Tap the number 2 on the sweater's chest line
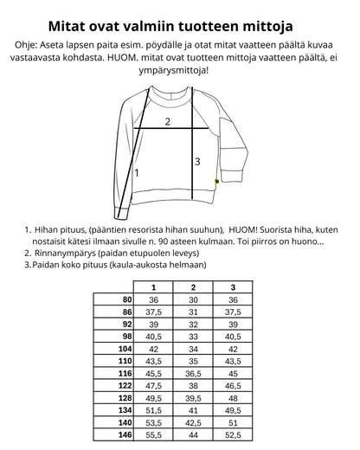(x=168, y=122)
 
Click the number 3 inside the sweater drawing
(x=196, y=161)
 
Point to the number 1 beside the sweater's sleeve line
(x=137, y=172)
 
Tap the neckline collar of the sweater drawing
(x=178, y=97)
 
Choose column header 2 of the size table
(x=193, y=287)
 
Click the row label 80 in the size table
(x=126, y=299)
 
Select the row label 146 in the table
(x=125, y=436)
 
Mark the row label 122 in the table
(x=125, y=386)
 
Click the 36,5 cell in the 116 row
(x=193, y=373)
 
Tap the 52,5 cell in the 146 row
(x=233, y=436)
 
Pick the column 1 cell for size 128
(x=154, y=398)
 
